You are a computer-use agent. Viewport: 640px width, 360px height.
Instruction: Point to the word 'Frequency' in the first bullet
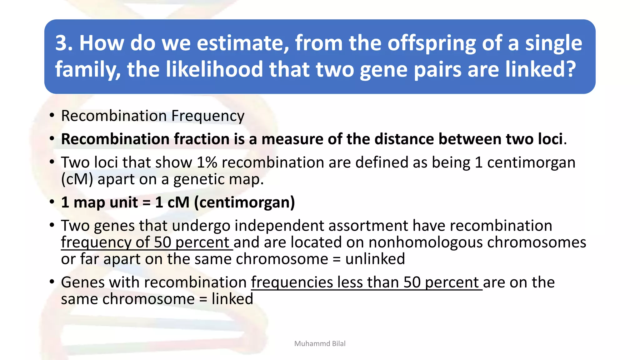pos(208,116)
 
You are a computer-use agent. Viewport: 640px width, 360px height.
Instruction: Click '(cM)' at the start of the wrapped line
pos(77,179)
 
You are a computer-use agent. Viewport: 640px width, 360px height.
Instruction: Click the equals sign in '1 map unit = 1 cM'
pos(147,202)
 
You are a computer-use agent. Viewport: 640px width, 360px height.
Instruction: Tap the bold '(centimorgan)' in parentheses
pos(244,202)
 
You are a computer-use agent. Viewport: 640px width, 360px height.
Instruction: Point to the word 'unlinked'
pos(375,259)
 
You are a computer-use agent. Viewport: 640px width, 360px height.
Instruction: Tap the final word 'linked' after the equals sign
pos(232,299)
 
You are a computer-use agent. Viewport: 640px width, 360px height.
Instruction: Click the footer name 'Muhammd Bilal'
pos(320,344)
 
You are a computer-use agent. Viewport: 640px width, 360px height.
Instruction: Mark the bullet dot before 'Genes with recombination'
pos(52,282)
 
